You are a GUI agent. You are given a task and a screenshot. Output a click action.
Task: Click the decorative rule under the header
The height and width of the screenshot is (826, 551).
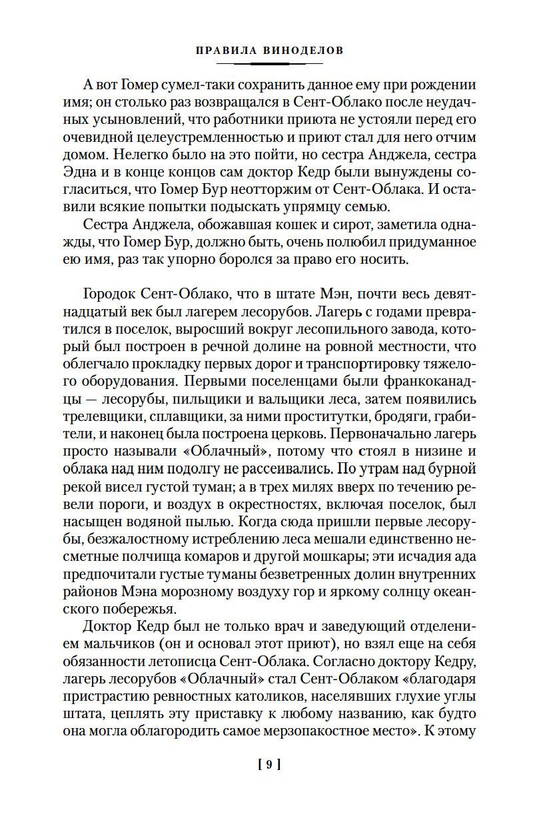pos(270,63)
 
